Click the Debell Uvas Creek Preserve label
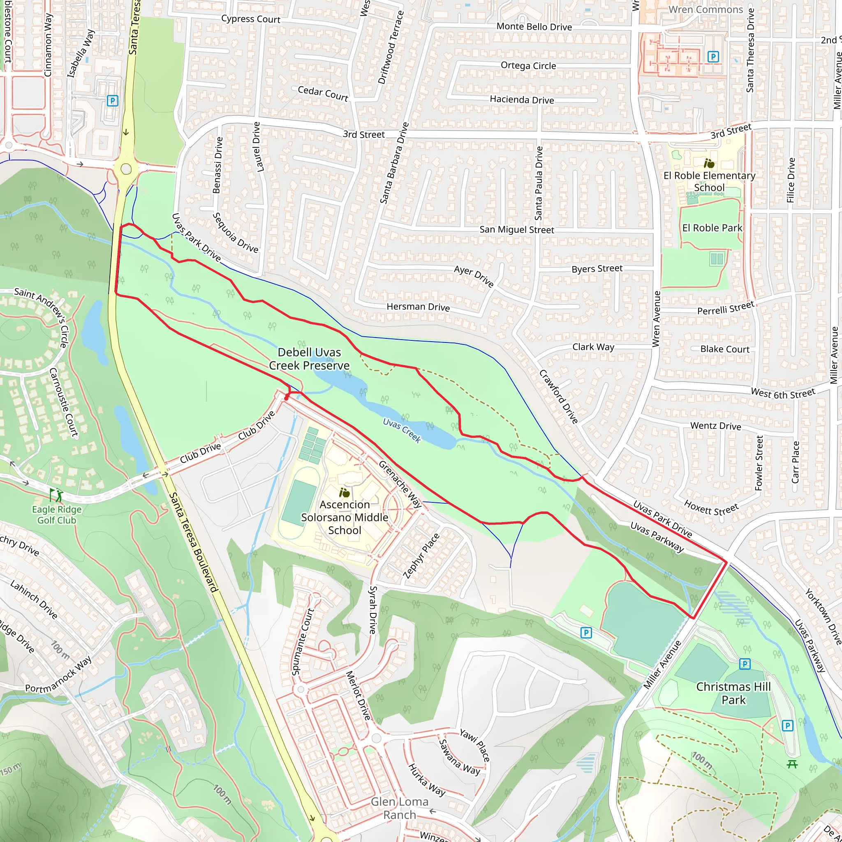coord(310,359)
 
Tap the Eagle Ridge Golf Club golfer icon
coord(56,495)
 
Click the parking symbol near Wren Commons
coord(713,57)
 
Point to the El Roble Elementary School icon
coord(709,164)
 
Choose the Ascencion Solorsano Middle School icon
coord(344,493)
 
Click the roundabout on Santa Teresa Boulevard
coord(126,169)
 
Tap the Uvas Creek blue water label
coord(402,430)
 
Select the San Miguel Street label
coord(517,229)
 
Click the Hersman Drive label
coord(418,307)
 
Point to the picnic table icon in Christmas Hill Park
coord(792,764)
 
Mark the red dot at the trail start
coord(286,398)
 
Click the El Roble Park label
coord(712,228)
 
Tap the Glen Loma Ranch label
coord(400,808)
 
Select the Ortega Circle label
coord(528,65)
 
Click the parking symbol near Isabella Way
coord(112,101)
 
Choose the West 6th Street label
coord(783,393)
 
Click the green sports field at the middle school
coord(299,502)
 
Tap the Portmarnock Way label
coord(58,675)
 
